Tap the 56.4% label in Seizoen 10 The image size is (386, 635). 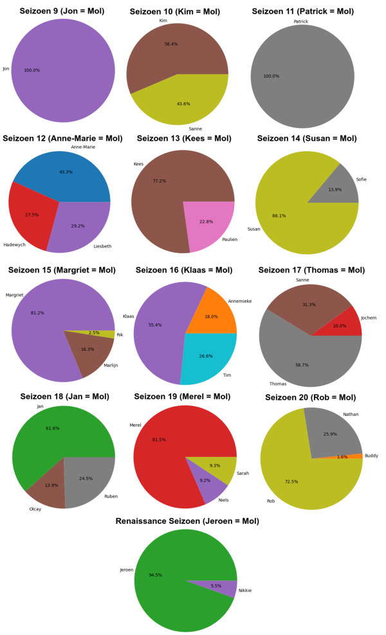(x=171, y=44)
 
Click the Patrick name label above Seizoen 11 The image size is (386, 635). (x=300, y=22)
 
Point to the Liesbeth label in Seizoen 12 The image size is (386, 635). (x=102, y=246)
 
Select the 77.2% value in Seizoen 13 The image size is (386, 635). (x=160, y=181)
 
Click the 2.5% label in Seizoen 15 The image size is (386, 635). (x=94, y=333)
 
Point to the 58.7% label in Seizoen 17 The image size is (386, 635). (x=302, y=365)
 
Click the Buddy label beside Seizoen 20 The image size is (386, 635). (x=371, y=456)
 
